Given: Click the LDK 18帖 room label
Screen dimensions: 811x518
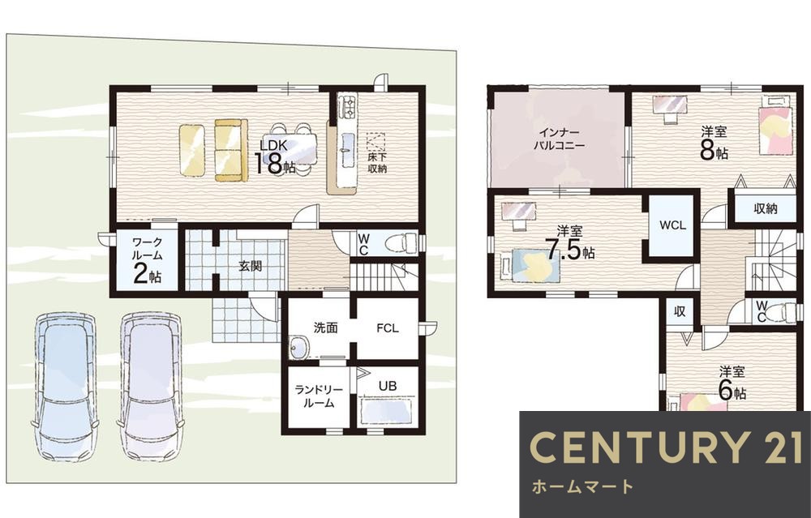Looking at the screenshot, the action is [x=275, y=156].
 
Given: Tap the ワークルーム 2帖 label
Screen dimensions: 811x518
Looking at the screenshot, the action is [x=148, y=261].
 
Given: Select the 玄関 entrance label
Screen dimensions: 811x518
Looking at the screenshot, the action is [x=250, y=266].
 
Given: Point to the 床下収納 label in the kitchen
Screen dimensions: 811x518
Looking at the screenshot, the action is [x=377, y=162].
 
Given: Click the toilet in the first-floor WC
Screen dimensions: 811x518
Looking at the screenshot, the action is [x=403, y=242].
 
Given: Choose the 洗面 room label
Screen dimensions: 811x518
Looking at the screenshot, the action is [x=326, y=327].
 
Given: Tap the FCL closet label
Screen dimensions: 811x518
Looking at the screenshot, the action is [x=388, y=327].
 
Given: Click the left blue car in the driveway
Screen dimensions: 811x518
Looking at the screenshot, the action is [x=67, y=386].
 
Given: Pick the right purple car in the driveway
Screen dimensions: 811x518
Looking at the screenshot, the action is [x=151, y=386].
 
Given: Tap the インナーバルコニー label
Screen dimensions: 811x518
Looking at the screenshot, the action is [x=559, y=139].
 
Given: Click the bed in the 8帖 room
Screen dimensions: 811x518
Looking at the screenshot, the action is [x=776, y=125].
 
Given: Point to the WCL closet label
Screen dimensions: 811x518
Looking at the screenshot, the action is [x=672, y=225].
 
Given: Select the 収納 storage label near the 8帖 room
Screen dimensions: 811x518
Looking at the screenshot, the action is [x=766, y=208].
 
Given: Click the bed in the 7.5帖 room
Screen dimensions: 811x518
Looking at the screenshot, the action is [x=530, y=265].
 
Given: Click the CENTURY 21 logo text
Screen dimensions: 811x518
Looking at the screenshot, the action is [x=666, y=447].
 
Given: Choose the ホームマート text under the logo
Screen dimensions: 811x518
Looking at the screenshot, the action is [x=582, y=486].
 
